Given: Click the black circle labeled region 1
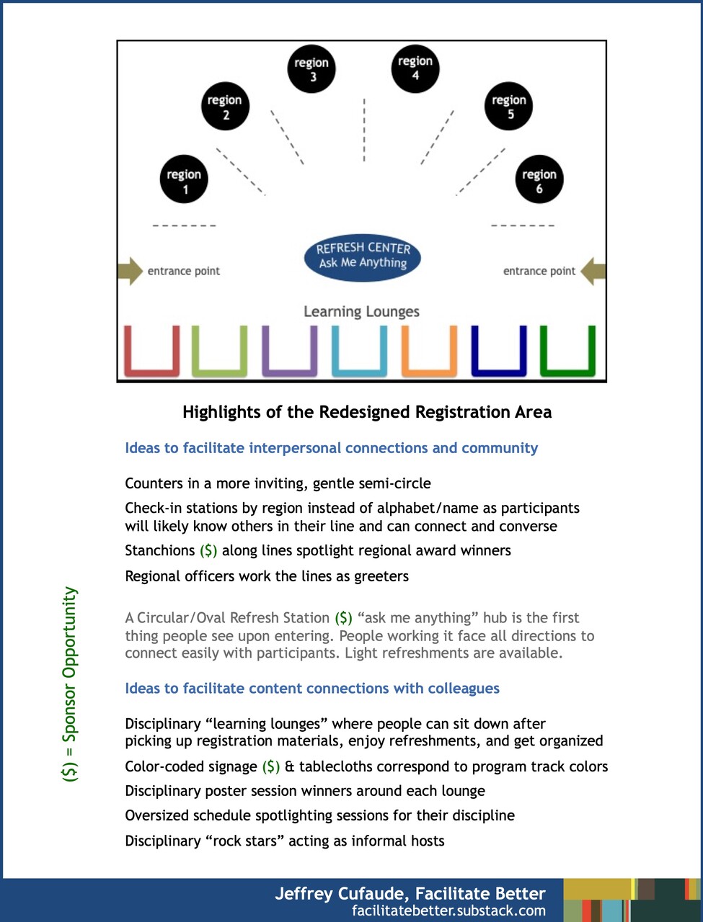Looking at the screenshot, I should coord(184,179).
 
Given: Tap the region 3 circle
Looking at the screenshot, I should coord(311,68).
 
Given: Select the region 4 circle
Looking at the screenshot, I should coord(415,68).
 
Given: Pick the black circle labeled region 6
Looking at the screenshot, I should coord(539,179).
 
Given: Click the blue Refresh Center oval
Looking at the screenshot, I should coord(363,256).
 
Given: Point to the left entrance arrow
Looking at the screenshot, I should coord(131,271).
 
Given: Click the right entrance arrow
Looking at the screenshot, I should coord(593,271).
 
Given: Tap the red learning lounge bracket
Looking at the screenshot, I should coord(151,353).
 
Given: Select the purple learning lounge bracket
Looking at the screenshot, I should coord(289,353).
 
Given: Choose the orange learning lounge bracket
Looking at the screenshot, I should coord(429,353).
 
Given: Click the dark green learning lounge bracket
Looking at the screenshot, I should coord(567,353).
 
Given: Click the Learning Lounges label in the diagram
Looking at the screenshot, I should coord(361,311).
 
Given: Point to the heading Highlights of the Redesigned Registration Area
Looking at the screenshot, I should coord(367,412).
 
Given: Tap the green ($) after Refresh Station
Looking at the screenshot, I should coord(343,618).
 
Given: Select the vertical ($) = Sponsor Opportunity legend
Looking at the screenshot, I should coord(70,684).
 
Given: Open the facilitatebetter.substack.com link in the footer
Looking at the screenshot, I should coord(448,910).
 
